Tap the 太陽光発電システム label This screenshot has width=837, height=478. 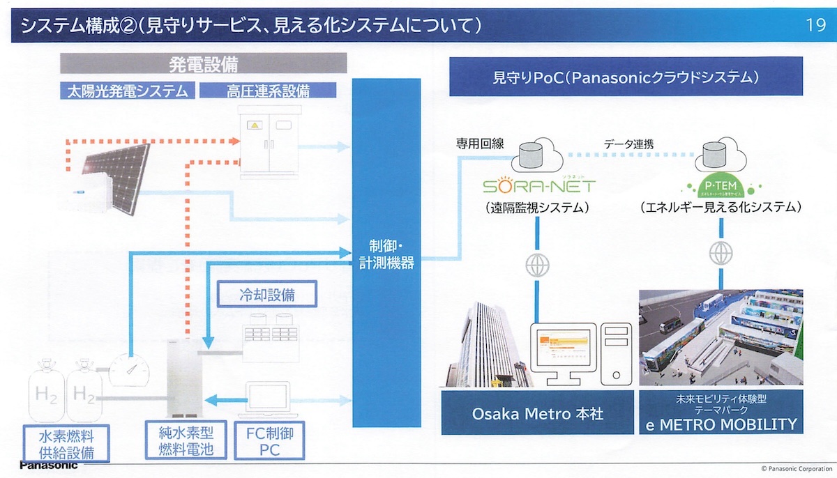(x=127, y=90)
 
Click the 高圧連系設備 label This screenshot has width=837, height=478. (x=268, y=90)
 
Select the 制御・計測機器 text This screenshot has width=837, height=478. (x=386, y=254)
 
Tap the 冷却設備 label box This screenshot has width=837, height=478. (x=268, y=294)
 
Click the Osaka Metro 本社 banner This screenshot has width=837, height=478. (x=537, y=413)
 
